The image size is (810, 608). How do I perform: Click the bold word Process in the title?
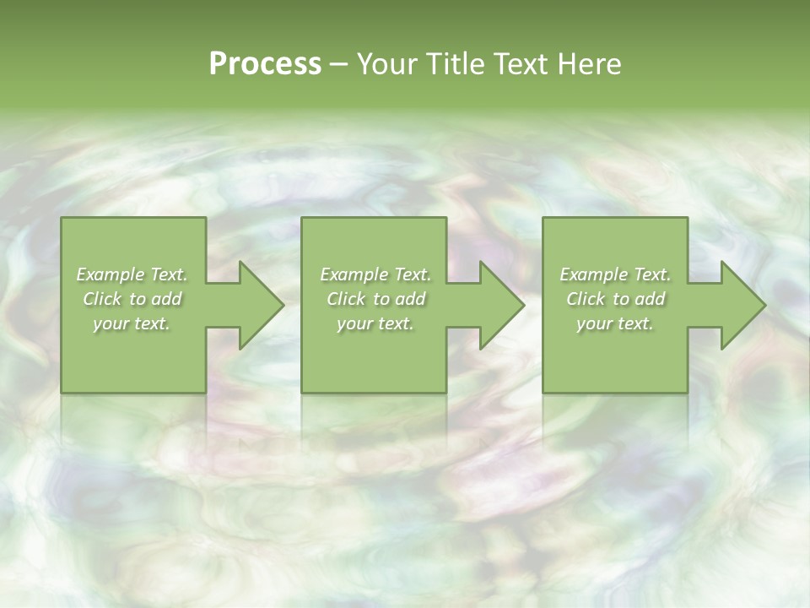tap(265, 64)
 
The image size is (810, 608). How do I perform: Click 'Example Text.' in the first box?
tap(132, 274)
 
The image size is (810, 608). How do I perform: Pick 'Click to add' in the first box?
tap(132, 299)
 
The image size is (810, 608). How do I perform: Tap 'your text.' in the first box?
tap(132, 323)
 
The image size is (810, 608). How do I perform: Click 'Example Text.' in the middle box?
tap(375, 274)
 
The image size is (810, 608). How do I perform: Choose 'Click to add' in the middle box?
tap(375, 299)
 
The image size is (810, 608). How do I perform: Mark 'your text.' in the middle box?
tap(375, 323)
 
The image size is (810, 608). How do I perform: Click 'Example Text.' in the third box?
tap(615, 274)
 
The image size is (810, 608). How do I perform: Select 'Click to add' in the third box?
tap(616, 299)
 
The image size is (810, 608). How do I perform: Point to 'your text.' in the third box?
tap(615, 323)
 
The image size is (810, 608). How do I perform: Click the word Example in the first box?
tap(111, 274)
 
